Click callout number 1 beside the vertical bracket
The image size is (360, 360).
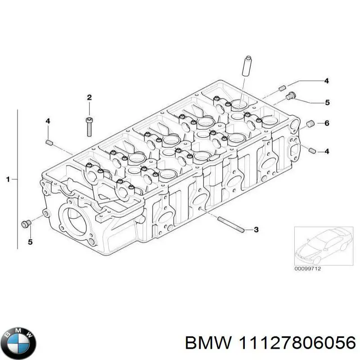[x=8, y=180]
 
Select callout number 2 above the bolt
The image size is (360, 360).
[x=89, y=98]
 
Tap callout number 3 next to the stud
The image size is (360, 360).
[x=256, y=230]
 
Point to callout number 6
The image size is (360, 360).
[x=327, y=123]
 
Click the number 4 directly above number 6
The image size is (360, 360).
[x=327, y=81]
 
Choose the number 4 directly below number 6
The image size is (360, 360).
[x=327, y=152]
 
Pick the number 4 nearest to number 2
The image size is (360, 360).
[x=47, y=121]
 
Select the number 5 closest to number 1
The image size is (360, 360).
[x=31, y=243]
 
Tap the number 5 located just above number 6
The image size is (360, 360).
[x=327, y=103]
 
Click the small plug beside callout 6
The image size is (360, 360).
[x=310, y=124]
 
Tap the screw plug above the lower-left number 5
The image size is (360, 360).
[x=27, y=223]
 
